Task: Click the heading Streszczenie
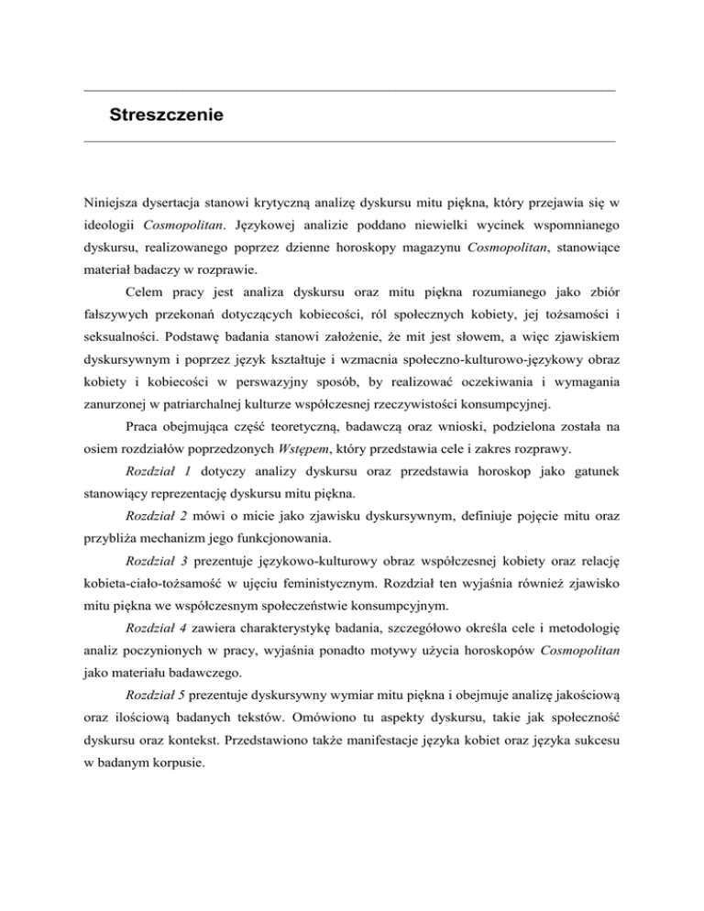point(167,116)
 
